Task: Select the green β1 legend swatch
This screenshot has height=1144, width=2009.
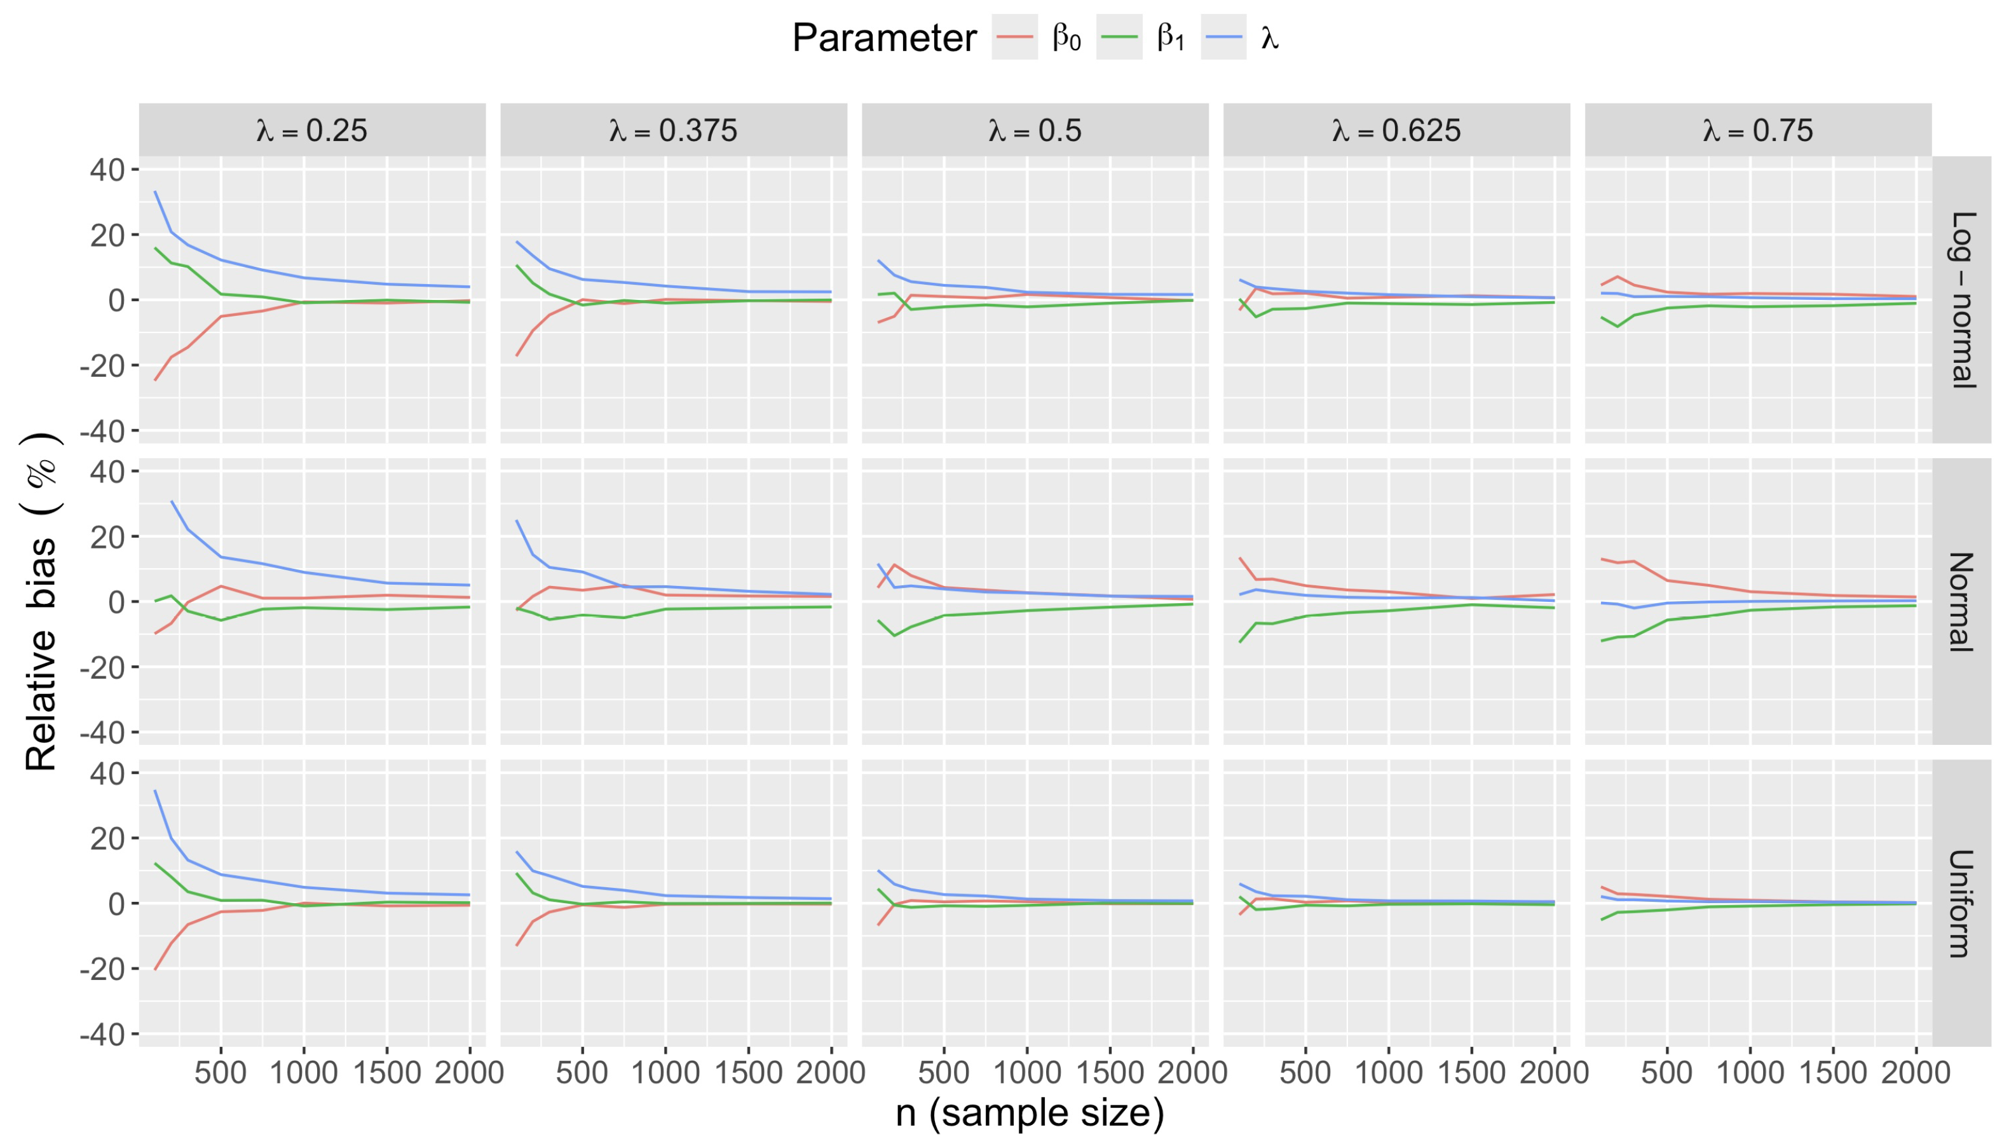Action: (x=1118, y=37)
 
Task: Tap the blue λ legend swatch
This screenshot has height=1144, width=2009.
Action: (x=1223, y=37)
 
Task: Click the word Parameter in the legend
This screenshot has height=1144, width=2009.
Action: (x=884, y=37)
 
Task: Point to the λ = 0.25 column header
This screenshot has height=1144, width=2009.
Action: (x=312, y=130)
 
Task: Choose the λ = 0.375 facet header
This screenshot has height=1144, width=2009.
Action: (x=673, y=130)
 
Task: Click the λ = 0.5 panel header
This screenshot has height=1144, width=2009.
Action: (x=1035, y=130)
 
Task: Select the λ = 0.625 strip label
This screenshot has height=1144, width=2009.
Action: (x=1396, y=130)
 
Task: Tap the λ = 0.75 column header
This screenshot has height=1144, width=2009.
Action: (x=1757, y=130)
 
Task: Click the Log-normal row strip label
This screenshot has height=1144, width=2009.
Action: (x=1962, y=299)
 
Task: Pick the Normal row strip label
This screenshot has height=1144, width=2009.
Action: (x=1962, y=601)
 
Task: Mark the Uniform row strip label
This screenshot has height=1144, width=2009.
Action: (x=1962, y=902)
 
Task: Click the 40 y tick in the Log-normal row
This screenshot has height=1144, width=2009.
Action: (x=107, y=170)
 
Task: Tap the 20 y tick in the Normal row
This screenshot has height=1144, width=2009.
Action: (x=107, y=536)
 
